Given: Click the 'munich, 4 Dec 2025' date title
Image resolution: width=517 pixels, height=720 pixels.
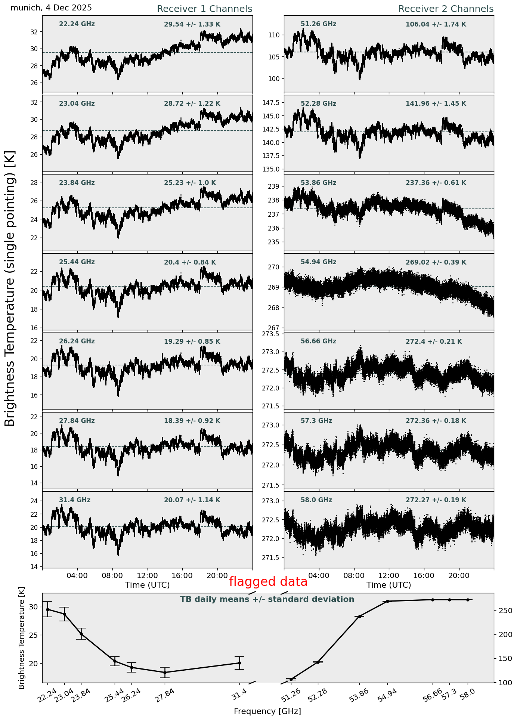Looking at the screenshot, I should [x=51, y=8].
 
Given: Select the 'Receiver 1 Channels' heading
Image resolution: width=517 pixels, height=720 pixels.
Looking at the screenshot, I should [x=204, y=9].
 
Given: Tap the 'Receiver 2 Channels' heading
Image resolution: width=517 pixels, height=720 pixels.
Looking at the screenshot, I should [x=446, y=9].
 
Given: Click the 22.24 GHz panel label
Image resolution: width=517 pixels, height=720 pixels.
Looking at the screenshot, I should [x=77, y=24].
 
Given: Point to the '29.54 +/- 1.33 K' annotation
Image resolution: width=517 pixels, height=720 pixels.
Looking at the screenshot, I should [x=192, y=25].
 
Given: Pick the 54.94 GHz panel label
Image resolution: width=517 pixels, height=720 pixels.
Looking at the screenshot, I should [x=318, y=262].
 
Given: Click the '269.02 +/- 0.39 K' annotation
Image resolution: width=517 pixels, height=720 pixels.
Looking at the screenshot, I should [x=436, y=263].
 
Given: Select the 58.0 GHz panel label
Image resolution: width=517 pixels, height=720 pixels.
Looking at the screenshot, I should [x=316, y=500].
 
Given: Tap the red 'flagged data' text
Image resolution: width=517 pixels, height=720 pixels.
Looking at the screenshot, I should [x=268, y=582].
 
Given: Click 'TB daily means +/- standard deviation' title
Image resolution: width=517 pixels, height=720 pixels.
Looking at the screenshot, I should [x=267, y=600].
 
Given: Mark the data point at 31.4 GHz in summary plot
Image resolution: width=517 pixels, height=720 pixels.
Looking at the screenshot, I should [x=239, y=663].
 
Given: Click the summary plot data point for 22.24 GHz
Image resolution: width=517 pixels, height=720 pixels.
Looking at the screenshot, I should [x=47, y=609].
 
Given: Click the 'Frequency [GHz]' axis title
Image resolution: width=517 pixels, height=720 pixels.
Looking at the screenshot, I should [x=267, y=711].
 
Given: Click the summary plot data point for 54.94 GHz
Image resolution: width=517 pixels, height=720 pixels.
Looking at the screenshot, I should [x=387, y=601].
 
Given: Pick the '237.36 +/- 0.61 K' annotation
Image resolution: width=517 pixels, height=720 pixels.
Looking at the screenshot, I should [x=436, y=183].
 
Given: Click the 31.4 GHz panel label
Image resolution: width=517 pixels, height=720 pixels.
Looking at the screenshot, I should [x=75, y=500].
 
